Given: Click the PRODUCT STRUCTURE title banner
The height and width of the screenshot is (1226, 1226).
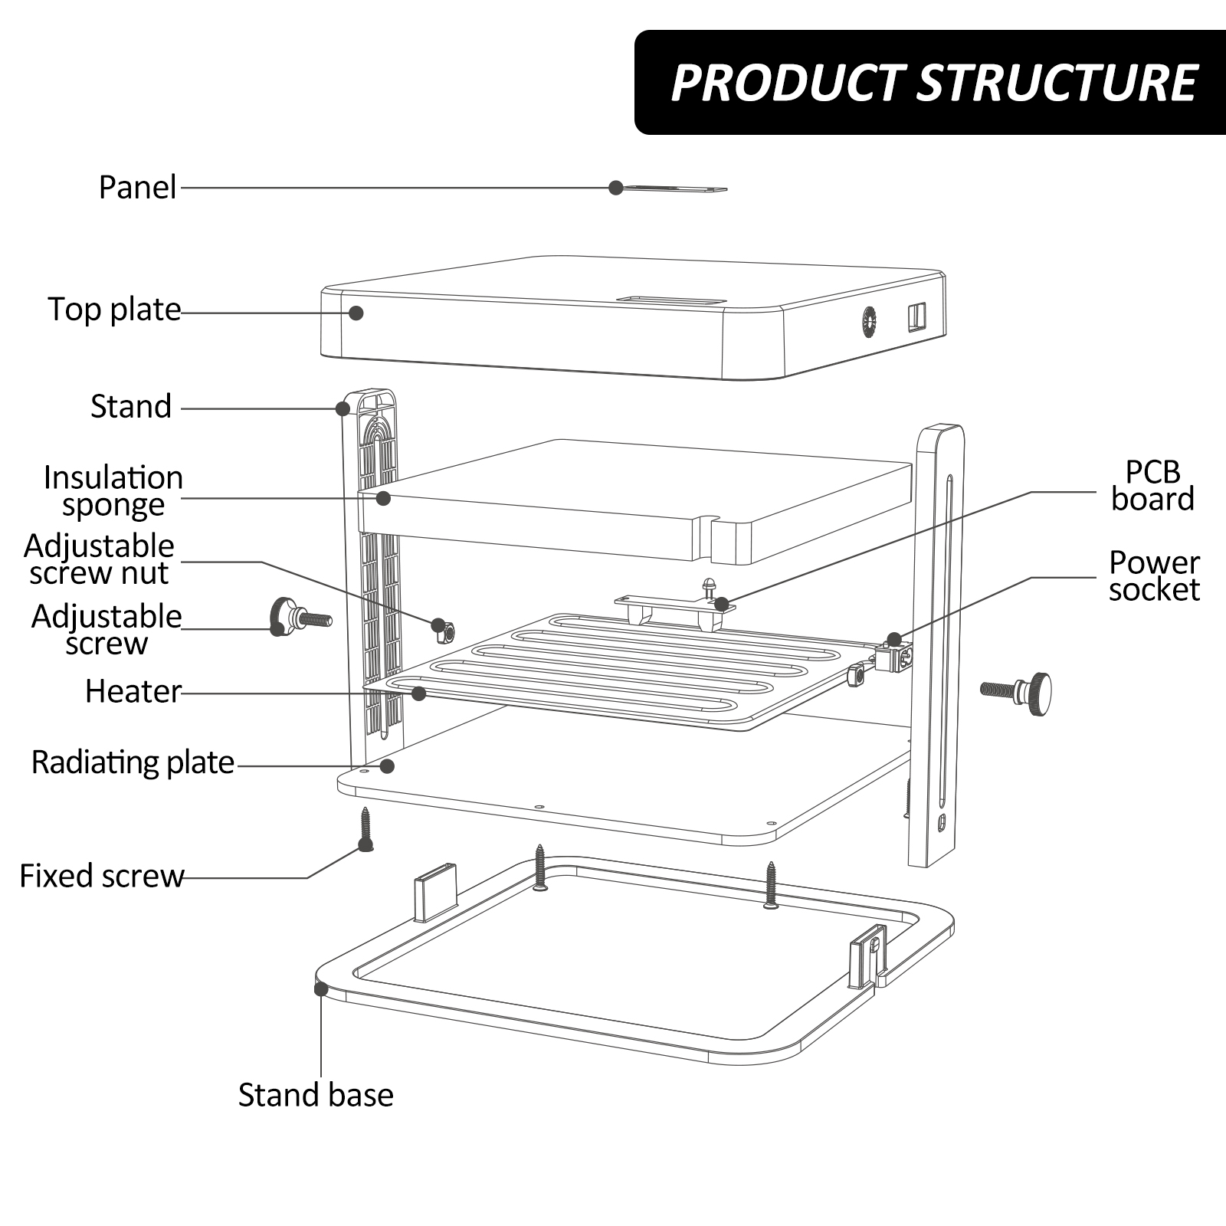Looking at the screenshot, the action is [x=930, y=83].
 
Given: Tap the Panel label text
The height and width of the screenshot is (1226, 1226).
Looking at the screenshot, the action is [x=138, y=188].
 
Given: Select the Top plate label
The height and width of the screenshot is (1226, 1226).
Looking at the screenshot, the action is [x=115, y=310].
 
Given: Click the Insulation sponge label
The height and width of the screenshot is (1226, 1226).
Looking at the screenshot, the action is [x=113, y=491].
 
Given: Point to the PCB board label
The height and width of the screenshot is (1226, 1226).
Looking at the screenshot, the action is [x=1152, y=485].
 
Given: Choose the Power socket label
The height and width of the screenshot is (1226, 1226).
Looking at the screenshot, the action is [x=1154, y=575].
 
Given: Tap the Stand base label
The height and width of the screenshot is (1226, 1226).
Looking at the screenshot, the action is [x=316, y=1095].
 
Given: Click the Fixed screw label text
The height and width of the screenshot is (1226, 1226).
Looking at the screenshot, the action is [x=102, y=876].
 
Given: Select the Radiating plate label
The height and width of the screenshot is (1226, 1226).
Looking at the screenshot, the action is [x=133, y=762].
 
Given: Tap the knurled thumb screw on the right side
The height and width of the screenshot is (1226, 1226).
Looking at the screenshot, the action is [x=1017, y=693].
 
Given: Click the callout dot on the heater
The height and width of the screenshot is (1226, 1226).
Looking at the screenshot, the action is [x=418, y=693].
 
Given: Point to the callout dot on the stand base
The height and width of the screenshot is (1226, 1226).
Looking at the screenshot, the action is [x=321, y=988].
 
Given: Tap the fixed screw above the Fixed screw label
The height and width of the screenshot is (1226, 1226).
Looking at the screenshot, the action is [x=366, y=829].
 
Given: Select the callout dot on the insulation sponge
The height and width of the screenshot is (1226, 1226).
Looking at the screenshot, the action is [x=384, y=498].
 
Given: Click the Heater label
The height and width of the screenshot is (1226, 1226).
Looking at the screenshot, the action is [x=133, y=691].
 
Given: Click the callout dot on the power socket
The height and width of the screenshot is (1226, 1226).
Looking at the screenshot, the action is [x=894, y=639].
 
